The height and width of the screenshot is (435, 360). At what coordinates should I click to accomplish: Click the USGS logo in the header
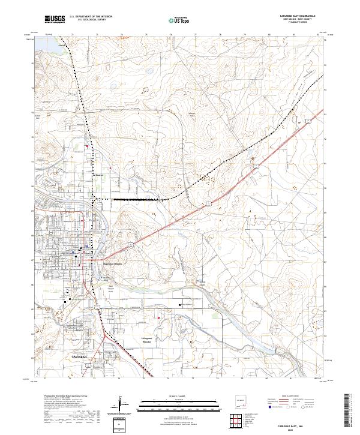(55, 20)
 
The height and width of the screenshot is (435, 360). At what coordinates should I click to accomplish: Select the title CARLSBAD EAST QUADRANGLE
(298, 16)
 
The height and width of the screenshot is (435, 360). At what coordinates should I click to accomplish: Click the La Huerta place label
(99, 176)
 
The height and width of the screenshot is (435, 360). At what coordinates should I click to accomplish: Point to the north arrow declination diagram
(120, 403)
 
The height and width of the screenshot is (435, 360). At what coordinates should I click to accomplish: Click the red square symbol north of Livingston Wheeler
(158, 318)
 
